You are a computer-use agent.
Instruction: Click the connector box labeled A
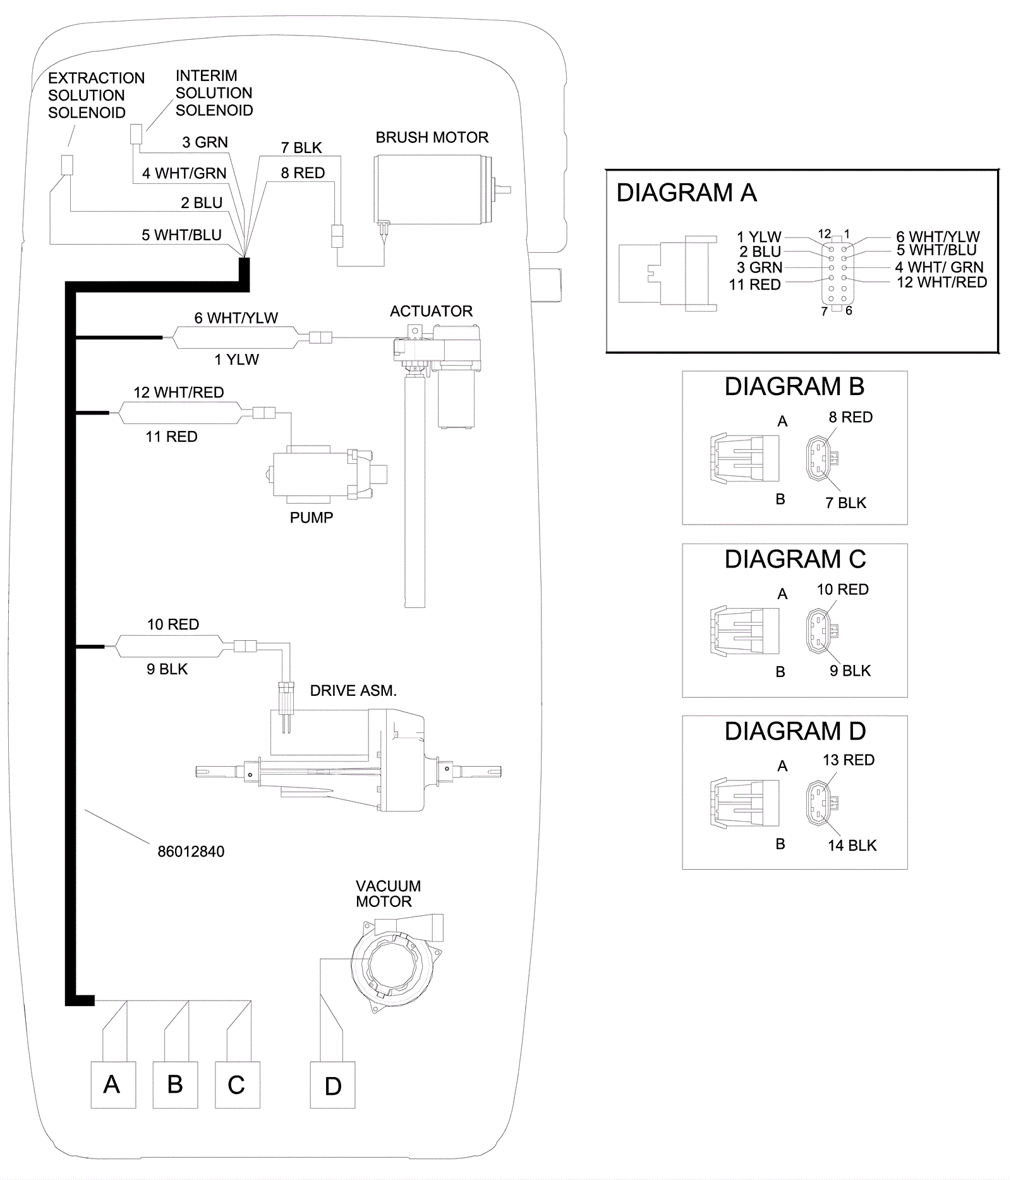113,1085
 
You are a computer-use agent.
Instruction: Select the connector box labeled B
175,1085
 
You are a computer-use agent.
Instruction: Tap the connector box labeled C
237,1085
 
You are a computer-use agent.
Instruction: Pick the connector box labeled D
332,1085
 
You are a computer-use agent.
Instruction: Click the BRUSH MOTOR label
432,138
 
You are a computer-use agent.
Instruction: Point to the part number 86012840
191,851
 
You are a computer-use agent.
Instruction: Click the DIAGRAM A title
686,193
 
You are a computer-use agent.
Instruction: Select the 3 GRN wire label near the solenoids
205,142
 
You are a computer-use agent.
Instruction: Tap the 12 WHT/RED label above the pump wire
178,392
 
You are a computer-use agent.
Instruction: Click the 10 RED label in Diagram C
842,590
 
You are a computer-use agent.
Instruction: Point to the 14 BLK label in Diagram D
852,846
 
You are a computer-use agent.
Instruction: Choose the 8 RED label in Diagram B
851,417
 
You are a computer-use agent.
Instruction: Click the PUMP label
311,518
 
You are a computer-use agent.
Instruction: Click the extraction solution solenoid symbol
66,165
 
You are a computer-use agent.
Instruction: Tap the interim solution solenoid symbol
136,134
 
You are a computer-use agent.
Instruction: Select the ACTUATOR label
431,312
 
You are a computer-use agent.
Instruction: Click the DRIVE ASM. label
353,691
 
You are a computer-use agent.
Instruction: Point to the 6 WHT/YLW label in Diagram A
938,237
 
